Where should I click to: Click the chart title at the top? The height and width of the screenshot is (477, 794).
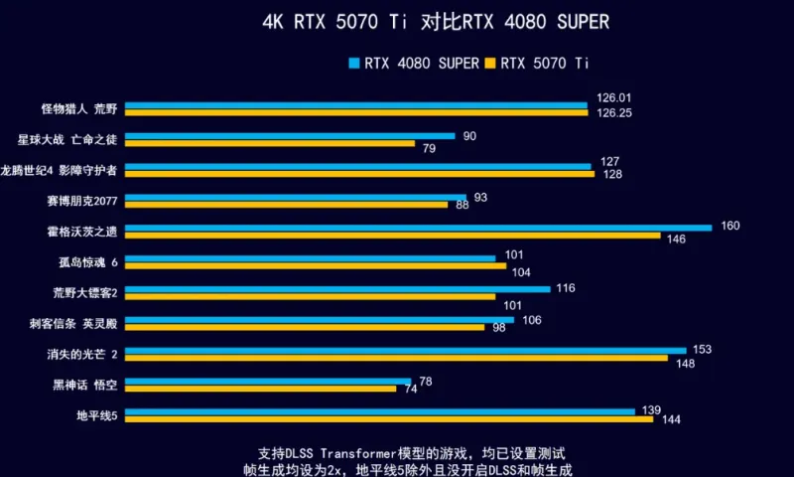[x=436, y=21]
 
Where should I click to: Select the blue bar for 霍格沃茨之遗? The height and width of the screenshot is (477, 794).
[x=418, y=228]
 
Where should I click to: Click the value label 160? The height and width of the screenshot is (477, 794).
[x=730, y=227]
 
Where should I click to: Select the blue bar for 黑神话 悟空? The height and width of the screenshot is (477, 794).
[x=268, y=381]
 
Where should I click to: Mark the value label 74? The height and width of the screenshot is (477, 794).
[x=410, y=390]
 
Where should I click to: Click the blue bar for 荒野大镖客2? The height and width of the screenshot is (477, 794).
[x=337, y=289]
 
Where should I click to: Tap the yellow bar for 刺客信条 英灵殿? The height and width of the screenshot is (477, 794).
[x=305, y=327]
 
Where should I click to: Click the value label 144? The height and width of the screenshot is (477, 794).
[x=671, y=420]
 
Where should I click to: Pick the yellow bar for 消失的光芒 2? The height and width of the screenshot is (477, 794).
[x=396, y=358]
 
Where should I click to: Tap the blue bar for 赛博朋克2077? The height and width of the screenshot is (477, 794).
[x=296, y=197]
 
